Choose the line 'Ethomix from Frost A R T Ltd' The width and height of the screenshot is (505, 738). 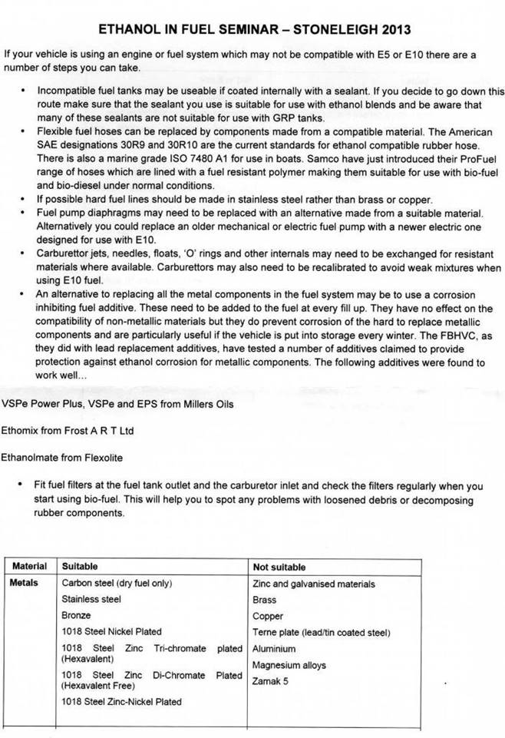click(x=68, y=431)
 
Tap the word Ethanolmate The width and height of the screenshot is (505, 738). click(x=30, y=458)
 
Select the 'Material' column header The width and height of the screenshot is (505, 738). click(x=29, y=567)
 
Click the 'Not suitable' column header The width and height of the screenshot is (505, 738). click(x=279, y=568)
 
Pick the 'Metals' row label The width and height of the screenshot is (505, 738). click(x=24, y=583)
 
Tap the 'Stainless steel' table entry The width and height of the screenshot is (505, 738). click(x=91, y=599)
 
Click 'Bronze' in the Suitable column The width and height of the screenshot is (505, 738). click(x=76, y=615)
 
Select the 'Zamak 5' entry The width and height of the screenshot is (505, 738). click(x=270, y=681)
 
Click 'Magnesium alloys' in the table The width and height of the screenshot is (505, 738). click(x=289, y=665)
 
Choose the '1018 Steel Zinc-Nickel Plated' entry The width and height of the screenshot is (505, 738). click(x=122, y=701)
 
